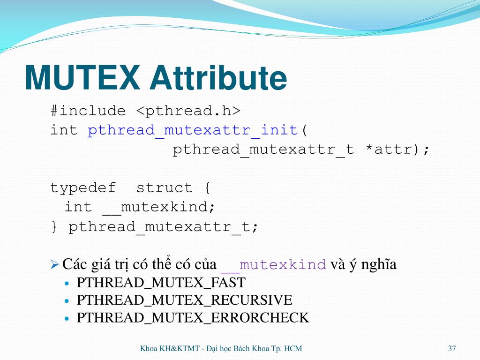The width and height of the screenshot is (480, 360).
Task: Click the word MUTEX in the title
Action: tap(82, 78)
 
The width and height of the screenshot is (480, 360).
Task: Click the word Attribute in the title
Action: tap(218, 78)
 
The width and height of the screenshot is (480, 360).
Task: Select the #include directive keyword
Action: tap(88, 111)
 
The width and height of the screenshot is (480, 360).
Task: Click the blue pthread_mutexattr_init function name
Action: tap(193, 130)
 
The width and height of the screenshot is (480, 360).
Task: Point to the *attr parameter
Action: tap(392, 150)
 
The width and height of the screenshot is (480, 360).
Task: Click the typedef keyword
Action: tap(83, 188)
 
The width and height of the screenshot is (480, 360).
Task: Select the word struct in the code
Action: tap(164, 188)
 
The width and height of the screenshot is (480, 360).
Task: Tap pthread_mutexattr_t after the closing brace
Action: tap(159, 227)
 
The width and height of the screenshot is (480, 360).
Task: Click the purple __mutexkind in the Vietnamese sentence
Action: tap(273, 265)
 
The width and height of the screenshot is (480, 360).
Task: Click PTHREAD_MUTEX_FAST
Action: tap(161, 283)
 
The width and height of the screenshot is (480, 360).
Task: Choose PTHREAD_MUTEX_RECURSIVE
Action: tap(184, 300)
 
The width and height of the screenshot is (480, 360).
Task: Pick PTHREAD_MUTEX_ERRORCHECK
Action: tap(193, 318)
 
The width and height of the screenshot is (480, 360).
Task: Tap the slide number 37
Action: tap(452, 348)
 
